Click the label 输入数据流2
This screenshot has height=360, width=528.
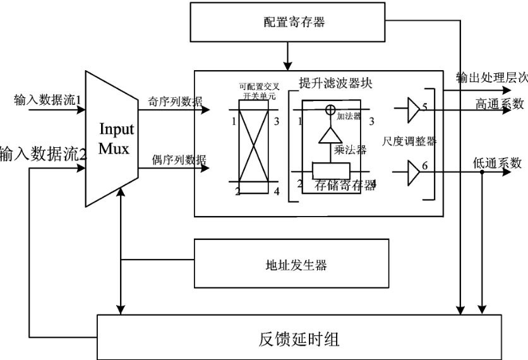point(42,153)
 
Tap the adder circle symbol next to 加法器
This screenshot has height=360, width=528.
point(329,110)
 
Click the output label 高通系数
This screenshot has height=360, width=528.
point(500,104)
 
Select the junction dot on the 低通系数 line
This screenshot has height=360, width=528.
point(483,171)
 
